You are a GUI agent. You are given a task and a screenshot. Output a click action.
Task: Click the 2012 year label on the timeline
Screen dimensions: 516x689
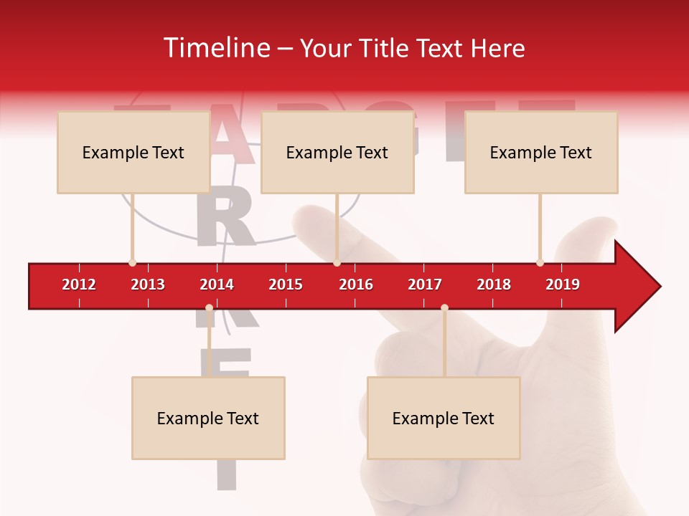[79, 285]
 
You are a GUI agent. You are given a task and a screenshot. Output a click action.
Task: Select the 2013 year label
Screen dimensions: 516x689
[148, 285]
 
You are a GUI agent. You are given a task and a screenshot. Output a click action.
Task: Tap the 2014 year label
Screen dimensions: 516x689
[217, 285]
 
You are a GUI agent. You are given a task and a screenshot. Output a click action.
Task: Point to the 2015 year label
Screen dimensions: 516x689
[286, 285]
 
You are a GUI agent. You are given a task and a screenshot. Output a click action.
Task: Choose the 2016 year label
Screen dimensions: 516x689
[356, 285]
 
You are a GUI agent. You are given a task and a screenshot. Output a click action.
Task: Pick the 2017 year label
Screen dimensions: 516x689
[425, 285]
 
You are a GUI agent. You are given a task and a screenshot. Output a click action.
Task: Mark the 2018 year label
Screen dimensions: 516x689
[494, 285]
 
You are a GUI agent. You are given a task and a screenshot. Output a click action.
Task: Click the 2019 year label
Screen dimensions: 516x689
[563, 285]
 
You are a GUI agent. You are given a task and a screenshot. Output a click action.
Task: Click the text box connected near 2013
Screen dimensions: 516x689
[133, 152]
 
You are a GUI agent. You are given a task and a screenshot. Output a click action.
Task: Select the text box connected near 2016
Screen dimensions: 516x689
[337, 152]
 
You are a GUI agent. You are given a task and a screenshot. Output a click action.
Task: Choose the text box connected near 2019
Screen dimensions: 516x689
[541, 152]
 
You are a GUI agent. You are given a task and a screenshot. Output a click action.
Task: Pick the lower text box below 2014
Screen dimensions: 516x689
[208, 418]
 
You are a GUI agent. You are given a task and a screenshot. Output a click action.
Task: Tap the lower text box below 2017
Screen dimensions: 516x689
[444, 418]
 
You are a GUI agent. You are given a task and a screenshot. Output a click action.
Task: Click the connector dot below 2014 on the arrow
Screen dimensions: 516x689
[209, 307]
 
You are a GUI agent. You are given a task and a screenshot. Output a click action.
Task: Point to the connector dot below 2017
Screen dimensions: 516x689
[444, 307]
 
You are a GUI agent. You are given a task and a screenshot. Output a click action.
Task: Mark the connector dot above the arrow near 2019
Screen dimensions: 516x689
[540, 262]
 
